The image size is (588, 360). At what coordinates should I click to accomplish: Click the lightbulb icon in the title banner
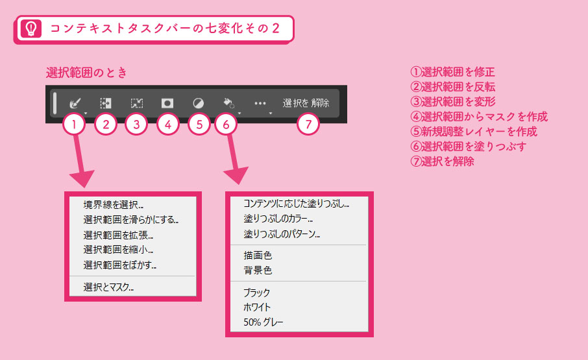click(31, 29)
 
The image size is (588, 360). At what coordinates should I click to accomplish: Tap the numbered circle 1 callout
click(74, 124)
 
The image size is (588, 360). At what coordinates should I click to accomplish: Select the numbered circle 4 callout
click(167, 124)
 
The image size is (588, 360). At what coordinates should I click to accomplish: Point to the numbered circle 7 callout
click(308, 124)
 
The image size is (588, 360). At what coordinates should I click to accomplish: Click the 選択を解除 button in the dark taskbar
click(306, 103)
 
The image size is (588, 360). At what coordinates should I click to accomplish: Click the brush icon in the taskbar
click(75, 103)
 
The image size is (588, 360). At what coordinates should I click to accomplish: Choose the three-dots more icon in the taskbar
click(260, 103)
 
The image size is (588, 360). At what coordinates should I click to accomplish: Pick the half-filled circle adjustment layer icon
click(199, 103)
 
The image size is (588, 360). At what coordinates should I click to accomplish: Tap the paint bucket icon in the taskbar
click(228, 103)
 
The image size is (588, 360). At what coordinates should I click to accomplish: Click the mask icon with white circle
click(167, 103)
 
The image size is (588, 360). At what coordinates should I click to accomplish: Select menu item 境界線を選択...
click(113, 204)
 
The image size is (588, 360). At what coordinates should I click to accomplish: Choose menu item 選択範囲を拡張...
click(118, 235)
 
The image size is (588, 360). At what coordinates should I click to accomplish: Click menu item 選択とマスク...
click(108, 287)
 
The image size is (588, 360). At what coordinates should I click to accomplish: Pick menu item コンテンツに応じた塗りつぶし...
click(296, 204)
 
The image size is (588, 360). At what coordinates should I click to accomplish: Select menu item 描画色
click(258, 256)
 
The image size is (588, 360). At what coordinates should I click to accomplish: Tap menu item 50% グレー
click(263, 322)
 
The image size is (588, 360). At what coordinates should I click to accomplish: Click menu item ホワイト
click(257, 307)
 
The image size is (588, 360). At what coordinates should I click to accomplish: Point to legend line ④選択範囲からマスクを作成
click(479, 117)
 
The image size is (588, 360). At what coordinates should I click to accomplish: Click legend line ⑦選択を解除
click(442, 162)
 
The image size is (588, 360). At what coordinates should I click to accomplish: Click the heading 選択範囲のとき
click(86, 72)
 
